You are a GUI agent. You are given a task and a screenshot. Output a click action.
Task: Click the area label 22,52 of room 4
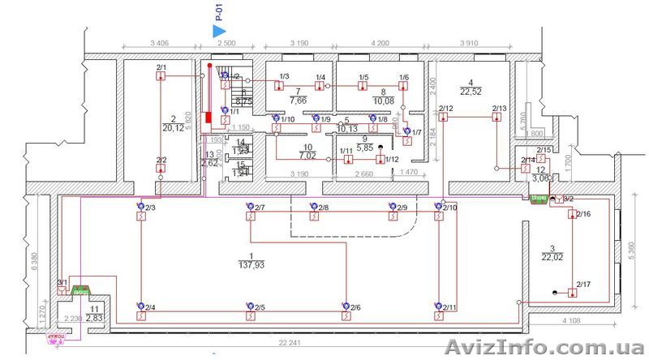point(471,91)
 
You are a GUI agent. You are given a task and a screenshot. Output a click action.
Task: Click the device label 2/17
point(582,284)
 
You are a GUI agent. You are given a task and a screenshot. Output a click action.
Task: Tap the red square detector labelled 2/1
point(161,77)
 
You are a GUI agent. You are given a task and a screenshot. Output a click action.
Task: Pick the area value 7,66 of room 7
point(298,101)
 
